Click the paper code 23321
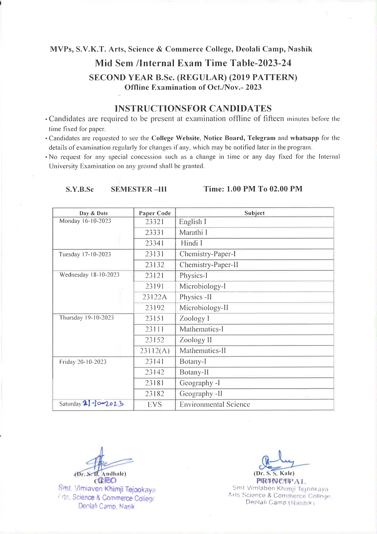(x=154, y=222)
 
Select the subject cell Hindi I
(x=192, y=243)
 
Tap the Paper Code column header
(x=155, y=213)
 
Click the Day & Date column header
(x=94, y=213)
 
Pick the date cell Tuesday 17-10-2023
(x=85, y=254)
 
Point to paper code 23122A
(x=154, y=297)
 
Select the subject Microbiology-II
(x=204, y=308)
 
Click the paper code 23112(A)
(x=154, y=351)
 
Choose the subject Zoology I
(x=194, y=318)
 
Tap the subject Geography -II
(x=201, y=394)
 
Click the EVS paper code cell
(x=154, y=405)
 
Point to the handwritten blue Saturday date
(x=103, y=404)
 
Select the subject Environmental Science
(x=215, y=405)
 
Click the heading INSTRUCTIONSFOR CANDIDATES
(x=193, y=108)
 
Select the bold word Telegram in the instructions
(x=261, y=138)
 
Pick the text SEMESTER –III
(x=139, y=189)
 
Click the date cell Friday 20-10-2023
(x=83, y=362)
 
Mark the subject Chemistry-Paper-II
(x=209, y=265)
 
